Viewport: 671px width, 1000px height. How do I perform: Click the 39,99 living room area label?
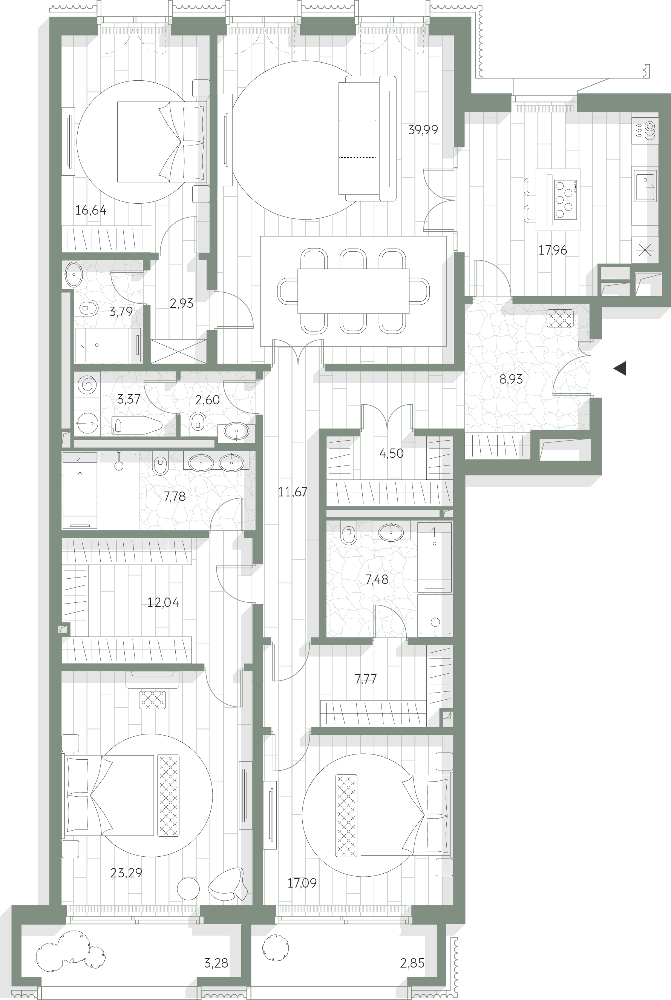[423, 130]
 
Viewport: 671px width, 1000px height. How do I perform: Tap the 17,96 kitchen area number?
[553, 250]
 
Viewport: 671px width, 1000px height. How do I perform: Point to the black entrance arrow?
[620, 368]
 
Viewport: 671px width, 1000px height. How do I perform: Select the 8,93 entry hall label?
[511, 379]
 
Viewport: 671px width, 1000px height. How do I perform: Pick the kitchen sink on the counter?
[645, 186]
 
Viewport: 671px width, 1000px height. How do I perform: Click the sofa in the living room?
[367, 138]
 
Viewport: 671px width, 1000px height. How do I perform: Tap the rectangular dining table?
[353, 291]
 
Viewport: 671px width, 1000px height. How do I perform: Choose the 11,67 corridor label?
[293, 492]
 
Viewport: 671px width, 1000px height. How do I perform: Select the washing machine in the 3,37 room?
[87, 384]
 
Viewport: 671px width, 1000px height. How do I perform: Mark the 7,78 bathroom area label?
[175, 496]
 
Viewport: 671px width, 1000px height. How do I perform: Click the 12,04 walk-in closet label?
[163, 603]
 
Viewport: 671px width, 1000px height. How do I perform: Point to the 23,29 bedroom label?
[126, 873]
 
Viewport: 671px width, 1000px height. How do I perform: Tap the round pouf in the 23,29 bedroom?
[188, 889]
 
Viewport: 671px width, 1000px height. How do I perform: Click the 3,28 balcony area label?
[216, 963]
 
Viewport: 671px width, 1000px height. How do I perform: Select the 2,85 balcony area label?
[412, 963]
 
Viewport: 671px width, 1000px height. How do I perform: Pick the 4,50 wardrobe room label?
[391, 454]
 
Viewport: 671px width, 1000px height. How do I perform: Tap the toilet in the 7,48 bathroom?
[349, 535]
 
